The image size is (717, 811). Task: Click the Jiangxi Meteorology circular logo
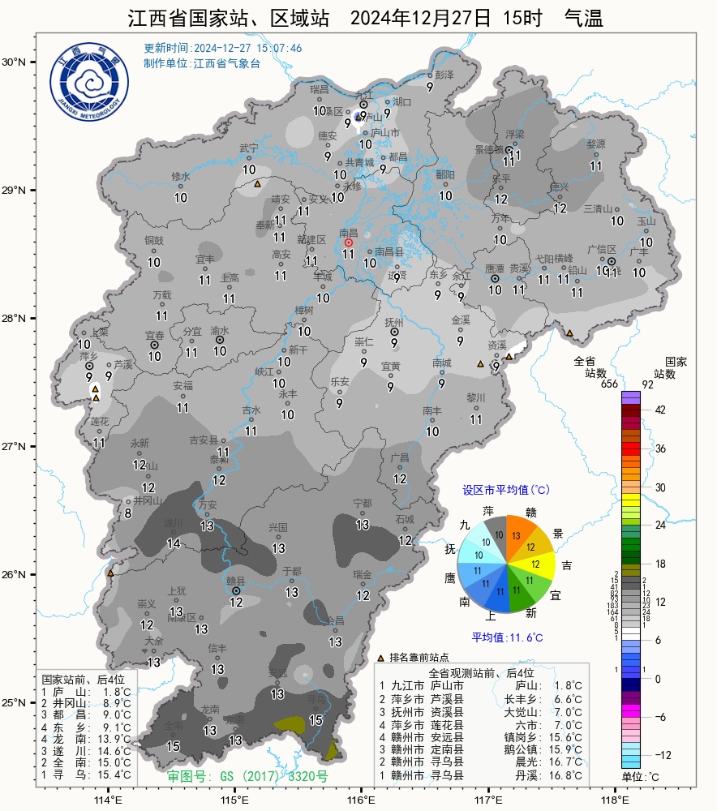89,83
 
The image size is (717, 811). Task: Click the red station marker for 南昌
349,242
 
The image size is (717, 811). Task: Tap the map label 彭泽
444,74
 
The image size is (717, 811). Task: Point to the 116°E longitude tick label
361,799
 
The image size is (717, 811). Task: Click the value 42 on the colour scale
659,410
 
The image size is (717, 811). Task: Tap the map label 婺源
596,144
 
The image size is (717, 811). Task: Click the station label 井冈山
148,501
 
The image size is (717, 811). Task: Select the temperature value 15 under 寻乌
316,719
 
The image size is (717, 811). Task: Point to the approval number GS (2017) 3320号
247,776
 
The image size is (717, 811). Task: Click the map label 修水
180,176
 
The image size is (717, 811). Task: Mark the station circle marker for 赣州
236,590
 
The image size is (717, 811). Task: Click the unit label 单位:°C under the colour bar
640,777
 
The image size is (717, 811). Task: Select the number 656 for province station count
610,384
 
